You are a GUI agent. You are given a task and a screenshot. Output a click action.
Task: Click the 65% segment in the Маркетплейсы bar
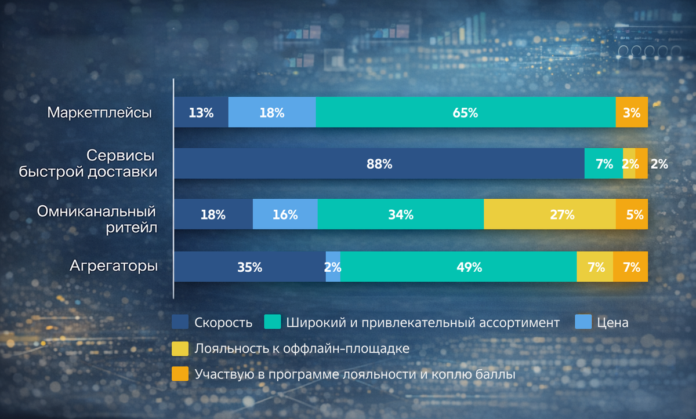[x=465, y=112]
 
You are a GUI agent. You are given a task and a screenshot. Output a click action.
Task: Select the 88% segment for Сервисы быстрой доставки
[x=379, y=164]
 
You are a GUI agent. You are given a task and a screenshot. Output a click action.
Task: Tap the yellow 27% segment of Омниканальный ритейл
[x=549, y=214]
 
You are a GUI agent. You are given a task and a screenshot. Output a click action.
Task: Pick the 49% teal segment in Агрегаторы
[x=458, y=267]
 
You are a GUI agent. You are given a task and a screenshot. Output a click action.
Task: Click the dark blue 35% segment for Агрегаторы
[x=249, y=267]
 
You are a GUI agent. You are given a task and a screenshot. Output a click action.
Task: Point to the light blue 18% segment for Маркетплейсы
[x=271, y=112]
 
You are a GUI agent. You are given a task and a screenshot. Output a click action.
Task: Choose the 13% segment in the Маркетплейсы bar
[x=201, y=112]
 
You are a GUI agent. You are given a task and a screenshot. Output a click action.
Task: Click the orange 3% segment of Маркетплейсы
[x=631, y=112]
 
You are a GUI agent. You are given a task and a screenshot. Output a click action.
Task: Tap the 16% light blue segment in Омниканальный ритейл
[x=285, y=214]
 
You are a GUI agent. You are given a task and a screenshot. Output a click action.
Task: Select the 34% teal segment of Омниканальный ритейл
[x=400, y=214]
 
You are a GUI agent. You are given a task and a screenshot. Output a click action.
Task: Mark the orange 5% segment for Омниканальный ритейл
[x=632, y=214]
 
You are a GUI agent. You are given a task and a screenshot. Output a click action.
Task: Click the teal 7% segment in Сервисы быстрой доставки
[x=603, y=164]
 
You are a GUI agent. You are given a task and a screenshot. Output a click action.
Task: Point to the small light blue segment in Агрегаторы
[x=333, y=267]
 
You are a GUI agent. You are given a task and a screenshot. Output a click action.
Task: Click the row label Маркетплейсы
[x=99, y=112]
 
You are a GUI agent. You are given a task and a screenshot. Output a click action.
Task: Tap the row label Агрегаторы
[x=114, y=267]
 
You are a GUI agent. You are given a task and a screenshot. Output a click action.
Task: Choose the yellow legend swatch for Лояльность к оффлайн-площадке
[x=180, y=349]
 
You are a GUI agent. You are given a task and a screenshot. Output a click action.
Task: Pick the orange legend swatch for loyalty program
[x=180, y=375]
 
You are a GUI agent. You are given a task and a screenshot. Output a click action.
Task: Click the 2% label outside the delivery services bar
[x=659, y=164]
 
